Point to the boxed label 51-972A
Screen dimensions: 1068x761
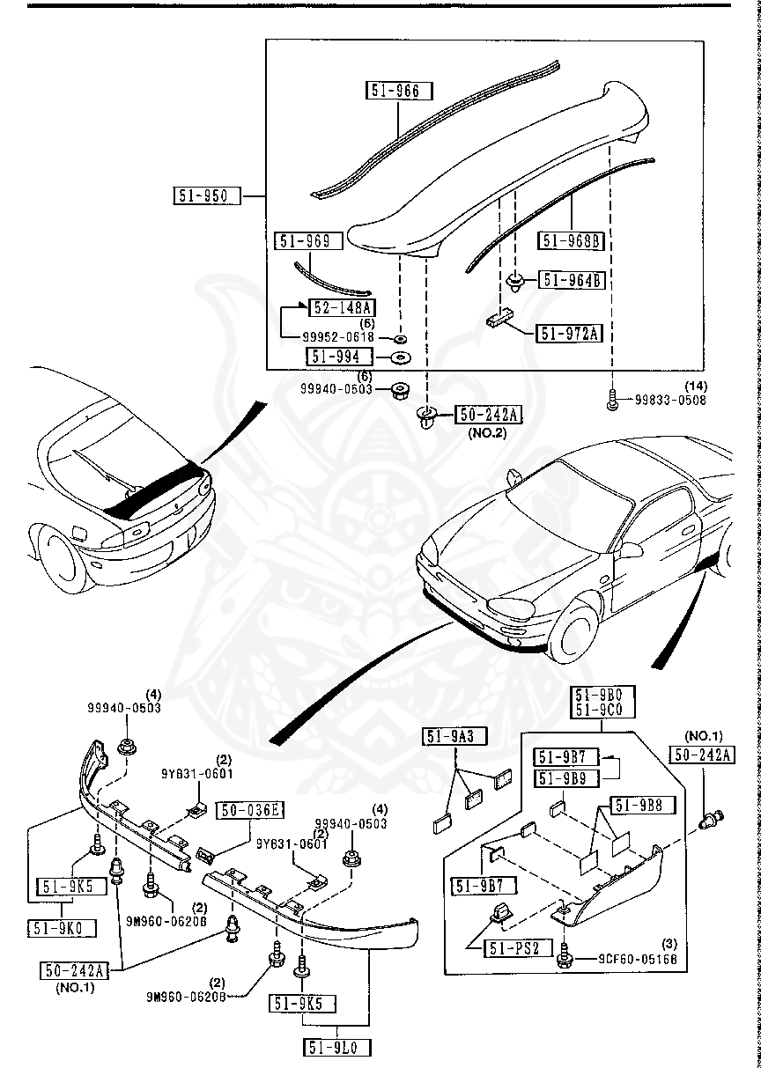(569, 333)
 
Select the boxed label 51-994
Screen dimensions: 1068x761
(339, 357)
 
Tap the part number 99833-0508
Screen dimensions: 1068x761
(670, 401)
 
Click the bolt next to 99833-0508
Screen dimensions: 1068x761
(612, 402)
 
